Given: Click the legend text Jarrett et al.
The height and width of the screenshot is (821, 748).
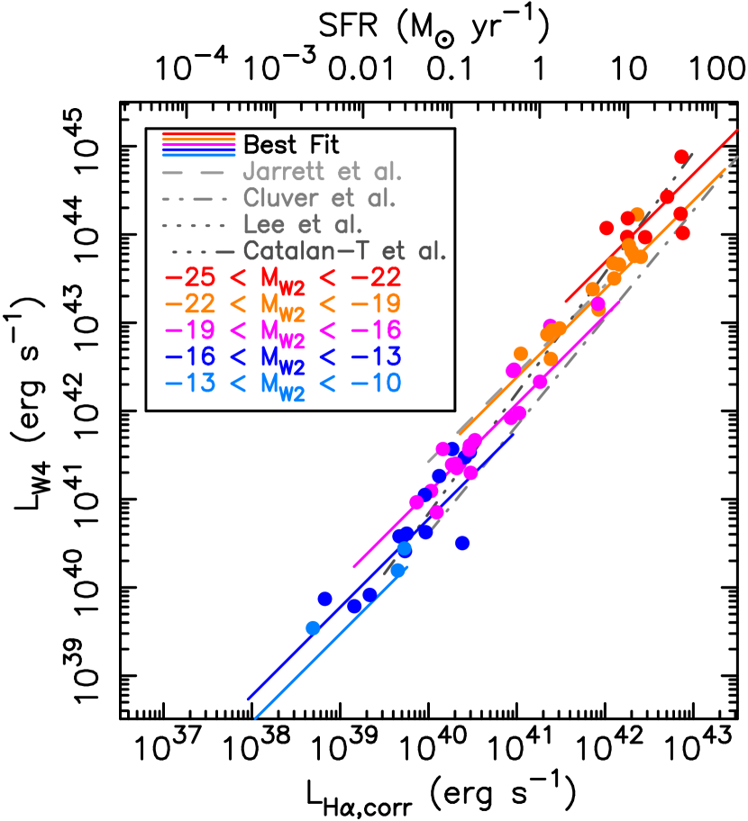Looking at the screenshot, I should pyautogui.click(x=322, y=172).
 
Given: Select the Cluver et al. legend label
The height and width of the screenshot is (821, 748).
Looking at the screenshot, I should pyautogui.click(x=319, y=199).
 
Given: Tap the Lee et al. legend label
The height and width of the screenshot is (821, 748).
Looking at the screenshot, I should pyautogui.click(x=303, y=225).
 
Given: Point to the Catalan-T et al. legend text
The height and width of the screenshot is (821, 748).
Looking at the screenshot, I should pyautogui.click(x=345, y=251).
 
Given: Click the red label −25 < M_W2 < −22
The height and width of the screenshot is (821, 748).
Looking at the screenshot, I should pyautogui.click(x=282, y=278).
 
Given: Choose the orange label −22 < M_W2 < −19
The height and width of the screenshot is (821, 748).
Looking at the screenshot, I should pyautogui.click(x=282, y=304).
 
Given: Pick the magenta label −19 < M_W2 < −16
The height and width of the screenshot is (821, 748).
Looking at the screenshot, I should pyautogui.click(x=282, y=330).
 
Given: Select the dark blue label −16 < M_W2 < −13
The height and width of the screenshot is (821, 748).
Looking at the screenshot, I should pyautogui.click(x=282, y=356).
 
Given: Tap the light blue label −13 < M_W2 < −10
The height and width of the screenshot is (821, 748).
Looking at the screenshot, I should pyautogui.click(x=282, y=383).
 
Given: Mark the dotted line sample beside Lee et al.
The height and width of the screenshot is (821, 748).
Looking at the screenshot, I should pyautogui.click(x=193, y=225).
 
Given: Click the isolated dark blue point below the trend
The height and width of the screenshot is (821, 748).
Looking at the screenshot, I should pyautogui.click(x=462, y=543).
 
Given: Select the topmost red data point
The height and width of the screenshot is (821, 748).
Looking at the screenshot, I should pyautogui.click(x=681, y=158).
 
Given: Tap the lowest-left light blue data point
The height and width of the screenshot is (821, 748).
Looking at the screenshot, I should pyautogui.click(x=313, y=627).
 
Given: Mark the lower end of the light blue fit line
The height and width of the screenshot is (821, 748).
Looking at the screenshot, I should pyautogui.click(x=256, y=718).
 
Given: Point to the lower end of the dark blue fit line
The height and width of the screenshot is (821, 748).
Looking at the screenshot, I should pyautogui.click(x=248, y=699).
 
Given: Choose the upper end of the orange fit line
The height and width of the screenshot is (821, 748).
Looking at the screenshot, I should pyautogui.click(x=725, y=169).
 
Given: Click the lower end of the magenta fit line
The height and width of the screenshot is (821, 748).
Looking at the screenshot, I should pyautogui.click(x=354, y=567).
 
